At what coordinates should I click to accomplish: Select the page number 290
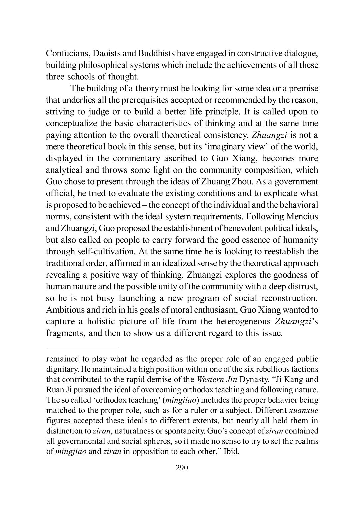point(182,468)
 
